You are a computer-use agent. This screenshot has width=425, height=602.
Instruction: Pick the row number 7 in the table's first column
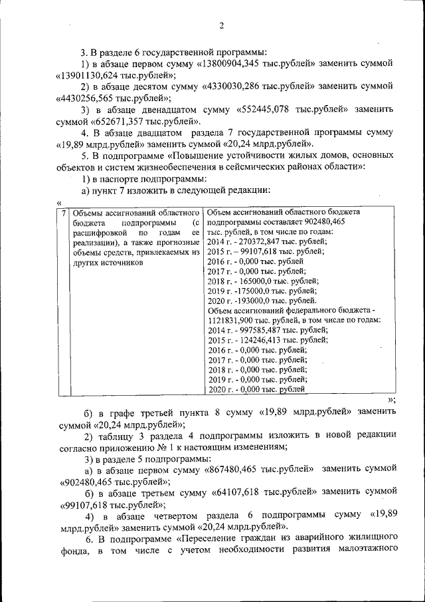pyautogui.click(x=62, y=212)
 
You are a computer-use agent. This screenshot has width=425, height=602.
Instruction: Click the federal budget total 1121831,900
pyautogui.click(x=232, y=321)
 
